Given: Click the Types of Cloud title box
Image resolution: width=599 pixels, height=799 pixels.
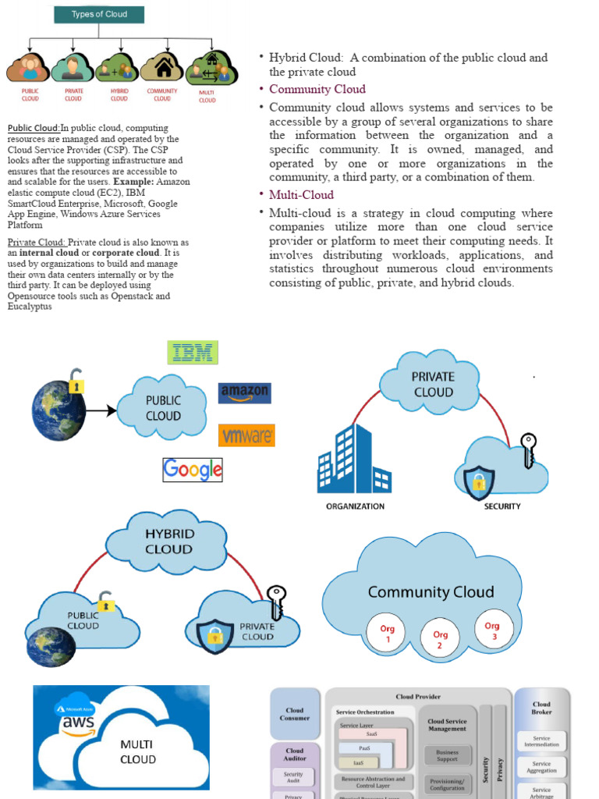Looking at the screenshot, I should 99,14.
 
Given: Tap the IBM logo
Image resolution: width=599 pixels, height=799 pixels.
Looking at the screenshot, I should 193,353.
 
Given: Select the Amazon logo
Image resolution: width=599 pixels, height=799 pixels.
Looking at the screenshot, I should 245,392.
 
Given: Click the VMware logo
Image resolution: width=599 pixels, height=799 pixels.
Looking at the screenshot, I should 246,435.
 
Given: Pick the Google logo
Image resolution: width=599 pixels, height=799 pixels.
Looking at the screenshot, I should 193,469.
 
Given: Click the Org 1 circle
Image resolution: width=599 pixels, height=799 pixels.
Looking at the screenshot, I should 388,633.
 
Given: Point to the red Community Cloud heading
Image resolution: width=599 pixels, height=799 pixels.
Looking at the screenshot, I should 317,89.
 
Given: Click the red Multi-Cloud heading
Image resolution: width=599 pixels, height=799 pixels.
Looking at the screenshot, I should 301,195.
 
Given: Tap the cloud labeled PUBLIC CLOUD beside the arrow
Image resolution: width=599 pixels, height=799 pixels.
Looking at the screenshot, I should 162,407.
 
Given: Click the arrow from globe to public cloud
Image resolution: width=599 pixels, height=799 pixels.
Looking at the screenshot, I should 101,409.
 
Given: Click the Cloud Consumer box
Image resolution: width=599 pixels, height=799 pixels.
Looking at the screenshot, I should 295,714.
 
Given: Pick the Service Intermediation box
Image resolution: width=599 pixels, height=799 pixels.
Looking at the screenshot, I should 541,741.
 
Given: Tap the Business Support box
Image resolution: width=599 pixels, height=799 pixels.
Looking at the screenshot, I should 448,755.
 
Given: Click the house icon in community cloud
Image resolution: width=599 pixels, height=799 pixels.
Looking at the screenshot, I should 163,68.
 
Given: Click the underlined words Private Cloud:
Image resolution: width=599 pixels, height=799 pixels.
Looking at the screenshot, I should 37,243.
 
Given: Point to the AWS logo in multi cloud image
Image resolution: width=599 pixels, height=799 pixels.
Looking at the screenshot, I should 79,723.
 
